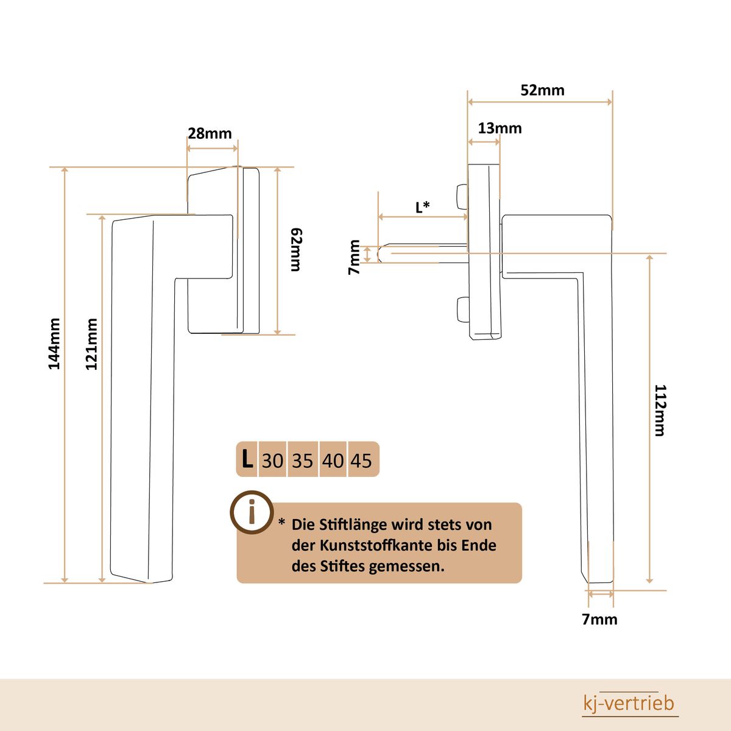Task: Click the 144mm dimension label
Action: [54, 344]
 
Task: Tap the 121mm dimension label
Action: [91, 344]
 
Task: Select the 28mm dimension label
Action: [210, 133]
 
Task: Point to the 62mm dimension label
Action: [296, 250]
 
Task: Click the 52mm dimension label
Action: [543, 90]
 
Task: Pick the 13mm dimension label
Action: [500, 128]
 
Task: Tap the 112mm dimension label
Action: [660, 411]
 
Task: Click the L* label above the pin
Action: [423, 207]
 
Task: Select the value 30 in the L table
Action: [272, 461]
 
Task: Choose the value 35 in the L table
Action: [302, 461]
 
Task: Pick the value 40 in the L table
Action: [333, 461]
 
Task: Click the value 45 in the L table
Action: [361, 461]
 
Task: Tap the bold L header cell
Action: [247, 459]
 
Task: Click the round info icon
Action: [252, 512]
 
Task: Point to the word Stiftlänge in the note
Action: [353, 525]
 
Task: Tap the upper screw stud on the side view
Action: [462, 196]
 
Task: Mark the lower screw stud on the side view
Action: [462, 309]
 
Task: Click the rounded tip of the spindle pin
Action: [380, 254]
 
